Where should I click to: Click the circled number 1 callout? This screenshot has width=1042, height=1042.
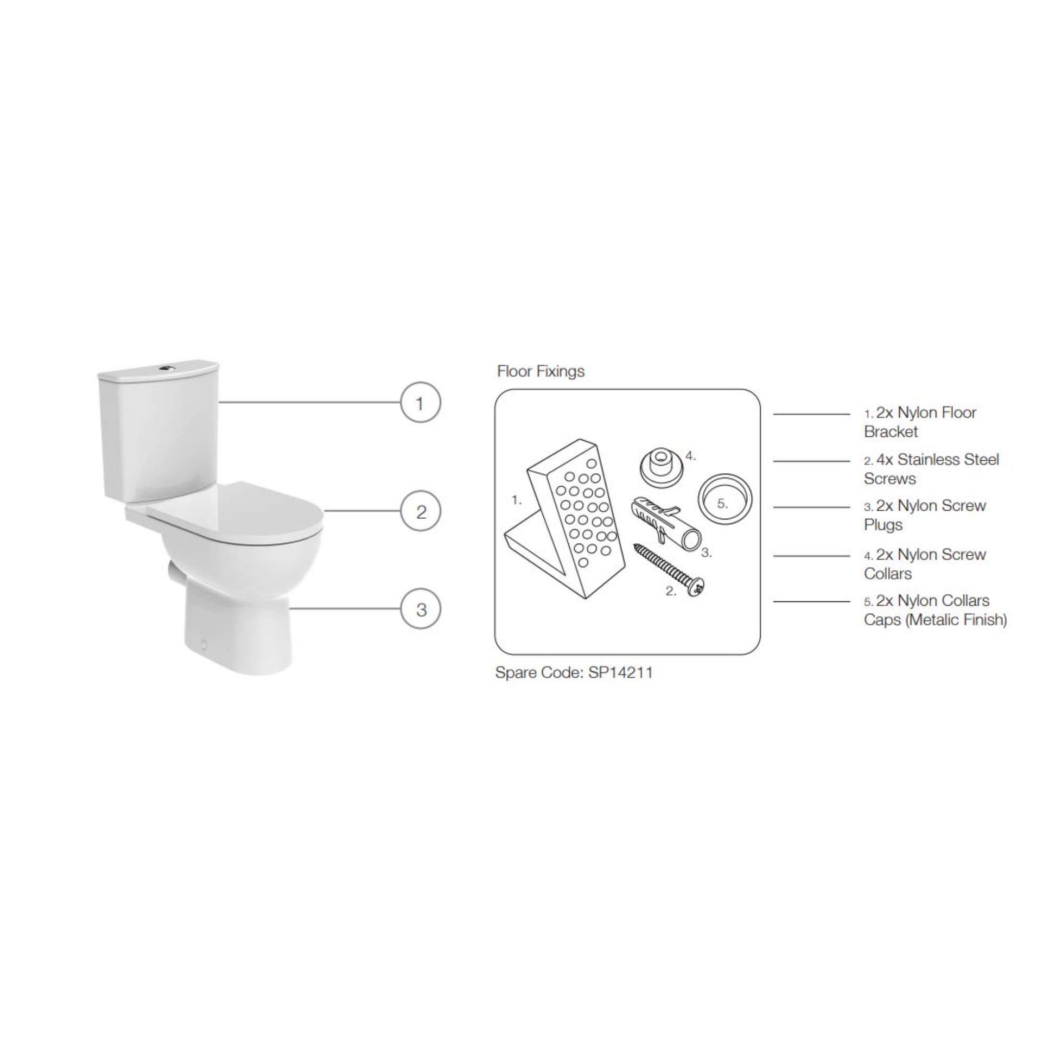click(x=420, y=403)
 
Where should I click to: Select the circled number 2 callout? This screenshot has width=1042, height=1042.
click(x=421, y=511)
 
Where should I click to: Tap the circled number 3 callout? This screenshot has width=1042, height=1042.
click(x=421, y=609)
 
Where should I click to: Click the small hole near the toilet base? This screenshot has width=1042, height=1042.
click(x=204, y=645)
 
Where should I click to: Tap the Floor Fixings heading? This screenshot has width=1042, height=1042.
click(x=541, y=371)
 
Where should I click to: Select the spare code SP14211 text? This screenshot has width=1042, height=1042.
click(x=574, y=673)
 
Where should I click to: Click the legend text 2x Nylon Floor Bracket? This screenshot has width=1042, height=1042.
click(x=920, y=422)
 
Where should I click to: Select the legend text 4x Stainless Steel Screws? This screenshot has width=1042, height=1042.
click(x=931, y=469)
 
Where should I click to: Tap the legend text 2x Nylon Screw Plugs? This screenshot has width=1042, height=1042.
click(x=925, y=515)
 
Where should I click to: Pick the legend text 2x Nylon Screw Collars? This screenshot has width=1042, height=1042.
click(x=925, y=564)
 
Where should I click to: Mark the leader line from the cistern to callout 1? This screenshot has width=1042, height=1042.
click(x=309, y=402)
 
